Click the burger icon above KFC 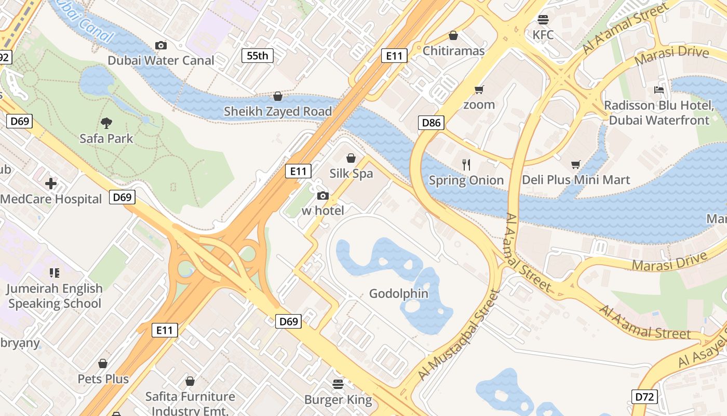pos(543,20)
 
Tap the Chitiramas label pos(453,50)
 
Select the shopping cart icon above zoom pos(479,89)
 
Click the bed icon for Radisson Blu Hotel pos(659,89)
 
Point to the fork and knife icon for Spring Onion pos(466,165)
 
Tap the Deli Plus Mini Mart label pos(576,180)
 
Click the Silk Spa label pos(351,173)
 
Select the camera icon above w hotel pos(322,196)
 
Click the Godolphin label pos(398,293)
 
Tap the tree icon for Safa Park pos(106,123)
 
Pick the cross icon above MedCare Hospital pos(51,184)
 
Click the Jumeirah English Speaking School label pos(55,296)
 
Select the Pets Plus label pos(103,379)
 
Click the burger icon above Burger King pos(338,384)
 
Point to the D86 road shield pos(431,123)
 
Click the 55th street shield pos(258,55)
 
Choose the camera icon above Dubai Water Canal pos(161,45)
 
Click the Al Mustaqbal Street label pos(458,335)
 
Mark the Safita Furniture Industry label pos(190,404)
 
